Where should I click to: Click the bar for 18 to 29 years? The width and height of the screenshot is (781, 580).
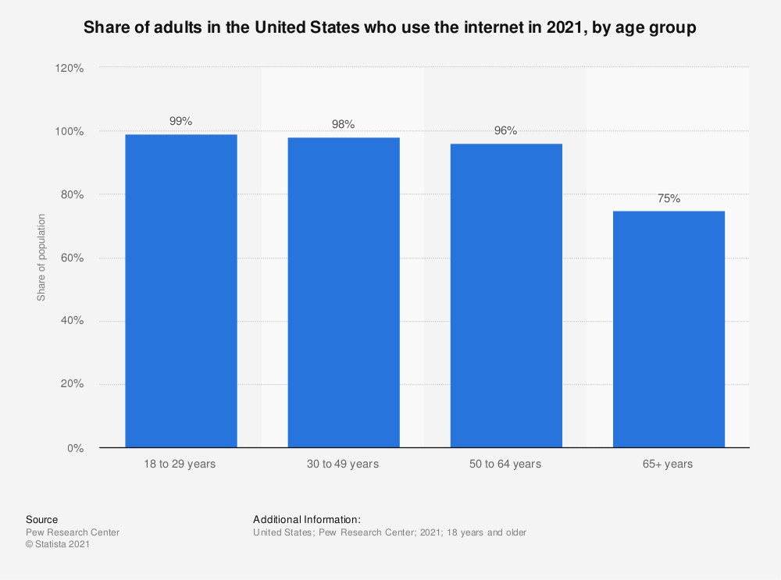(181, 291)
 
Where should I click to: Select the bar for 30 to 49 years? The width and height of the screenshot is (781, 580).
(344, 293)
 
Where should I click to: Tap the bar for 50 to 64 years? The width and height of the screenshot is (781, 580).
(506, 296)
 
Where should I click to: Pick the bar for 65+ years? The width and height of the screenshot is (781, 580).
(669, 329)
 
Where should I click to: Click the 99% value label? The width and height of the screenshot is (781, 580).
(181, 121)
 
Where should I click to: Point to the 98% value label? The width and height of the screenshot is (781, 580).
(344, 124)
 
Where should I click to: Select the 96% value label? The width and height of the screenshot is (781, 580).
(506, 130)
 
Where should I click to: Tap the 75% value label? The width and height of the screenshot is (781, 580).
(669, 198)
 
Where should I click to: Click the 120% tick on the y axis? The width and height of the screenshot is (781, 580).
(70, 68)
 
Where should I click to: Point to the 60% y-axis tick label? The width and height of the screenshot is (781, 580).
(73, 258)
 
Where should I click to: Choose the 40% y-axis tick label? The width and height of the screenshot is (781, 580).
(73, 321)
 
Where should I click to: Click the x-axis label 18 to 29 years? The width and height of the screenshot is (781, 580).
(181, 464)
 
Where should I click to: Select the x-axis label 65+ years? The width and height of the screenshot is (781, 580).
(669, 464)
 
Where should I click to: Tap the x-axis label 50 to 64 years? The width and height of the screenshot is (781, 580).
(506, 464)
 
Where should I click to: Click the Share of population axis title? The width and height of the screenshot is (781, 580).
(41, 258)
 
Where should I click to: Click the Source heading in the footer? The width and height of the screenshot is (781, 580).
(41, 519)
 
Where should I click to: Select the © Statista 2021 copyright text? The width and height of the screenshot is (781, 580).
(58, 546)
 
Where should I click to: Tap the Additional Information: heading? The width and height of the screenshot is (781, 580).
(306, 519)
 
